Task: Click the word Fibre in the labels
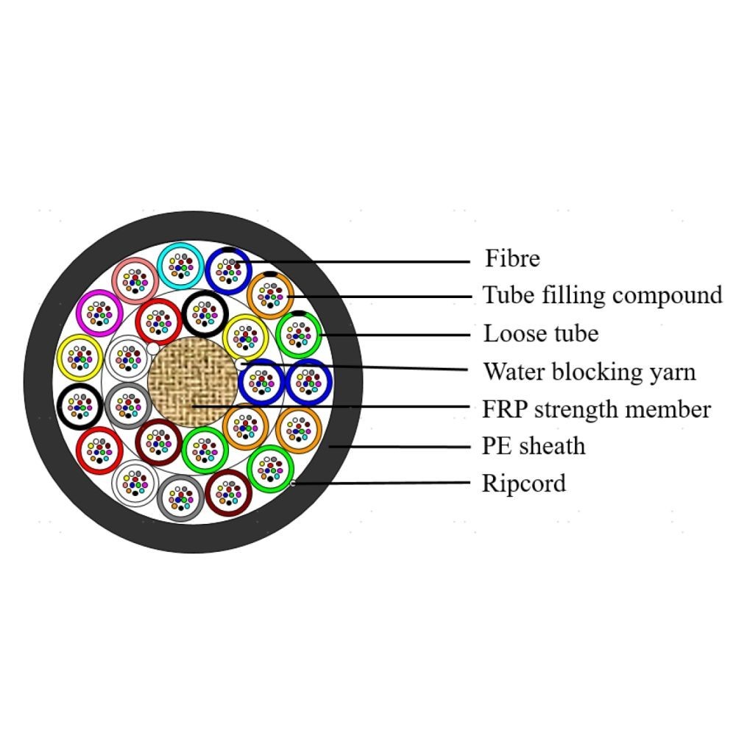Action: click(x=512, y=258)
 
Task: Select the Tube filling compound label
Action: click(x=602, y=296)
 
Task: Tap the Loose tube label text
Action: click(x=541, y=333)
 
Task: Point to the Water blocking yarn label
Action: click(x=590, y=372)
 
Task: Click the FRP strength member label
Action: click(x=597, y=409)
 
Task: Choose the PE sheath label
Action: click(x=534, y=446)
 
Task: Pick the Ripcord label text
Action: click(x=524, y=484)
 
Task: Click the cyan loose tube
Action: click(x=181, y=266)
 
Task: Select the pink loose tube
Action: click(x=135, y=281)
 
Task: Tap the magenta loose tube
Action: click(x=99, y=313)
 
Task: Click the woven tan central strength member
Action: click(x=193, y=382)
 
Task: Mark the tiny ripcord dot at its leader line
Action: click(x=293, y=483)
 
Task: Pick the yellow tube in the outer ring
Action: click(x=79, y=358)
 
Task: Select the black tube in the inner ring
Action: click(x=205, y=314)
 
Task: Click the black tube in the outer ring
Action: click(x=79, y=406)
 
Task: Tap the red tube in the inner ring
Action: click(x=159, y=322)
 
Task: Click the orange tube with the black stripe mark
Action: click(x=270, y=296)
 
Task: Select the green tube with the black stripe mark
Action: click(x=299, y=335)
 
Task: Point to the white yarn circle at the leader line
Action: click(x=241, y=364)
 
